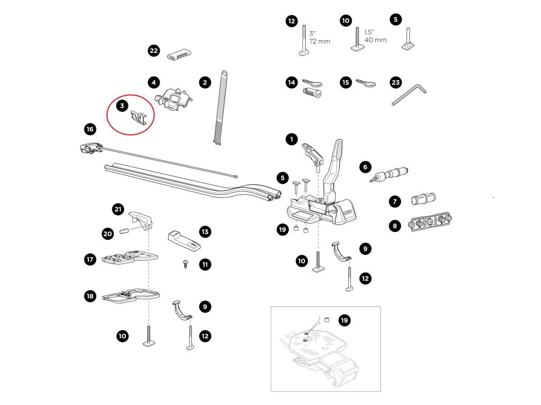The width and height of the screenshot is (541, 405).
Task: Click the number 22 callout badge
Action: point(154,51)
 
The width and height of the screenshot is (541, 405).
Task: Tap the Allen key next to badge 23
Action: point(409,95)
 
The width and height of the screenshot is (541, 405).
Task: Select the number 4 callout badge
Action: point(154,82)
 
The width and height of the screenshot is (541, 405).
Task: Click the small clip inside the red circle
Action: point(138,118)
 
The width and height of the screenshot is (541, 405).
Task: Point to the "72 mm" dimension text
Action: point(320,41)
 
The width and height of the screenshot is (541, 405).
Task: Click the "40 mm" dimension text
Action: point(376,40)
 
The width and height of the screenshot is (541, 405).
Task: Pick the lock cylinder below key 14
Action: point(312,93)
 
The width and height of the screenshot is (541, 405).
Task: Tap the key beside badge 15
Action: point(366,83)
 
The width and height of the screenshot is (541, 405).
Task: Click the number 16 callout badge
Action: point(90,129)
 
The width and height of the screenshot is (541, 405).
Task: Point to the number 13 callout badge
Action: point(205,232)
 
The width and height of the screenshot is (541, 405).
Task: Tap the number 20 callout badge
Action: point(108,234)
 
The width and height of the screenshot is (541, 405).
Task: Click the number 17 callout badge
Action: point(90,259)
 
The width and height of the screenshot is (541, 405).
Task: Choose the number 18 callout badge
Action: point(90,296)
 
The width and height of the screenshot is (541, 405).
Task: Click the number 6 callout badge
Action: point(365,167)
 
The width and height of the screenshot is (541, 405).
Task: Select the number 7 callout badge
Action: point(395,202)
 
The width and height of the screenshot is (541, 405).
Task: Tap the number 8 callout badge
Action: point(395,226)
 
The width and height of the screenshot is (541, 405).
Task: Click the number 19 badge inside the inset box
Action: point(344,320)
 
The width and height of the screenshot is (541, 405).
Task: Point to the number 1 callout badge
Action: point(292,139)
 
